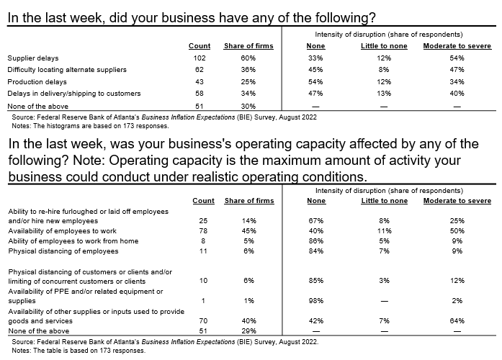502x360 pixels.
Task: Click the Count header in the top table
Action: (200, 46)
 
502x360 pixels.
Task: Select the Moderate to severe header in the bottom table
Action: (457, 200)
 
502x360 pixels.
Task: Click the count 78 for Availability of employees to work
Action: (203, 230)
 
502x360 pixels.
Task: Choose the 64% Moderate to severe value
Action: (457, 320)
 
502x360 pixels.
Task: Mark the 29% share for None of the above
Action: (249, 330)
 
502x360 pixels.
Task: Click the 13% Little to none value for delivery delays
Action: (384, 93)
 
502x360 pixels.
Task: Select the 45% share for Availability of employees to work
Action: (249, 230)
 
